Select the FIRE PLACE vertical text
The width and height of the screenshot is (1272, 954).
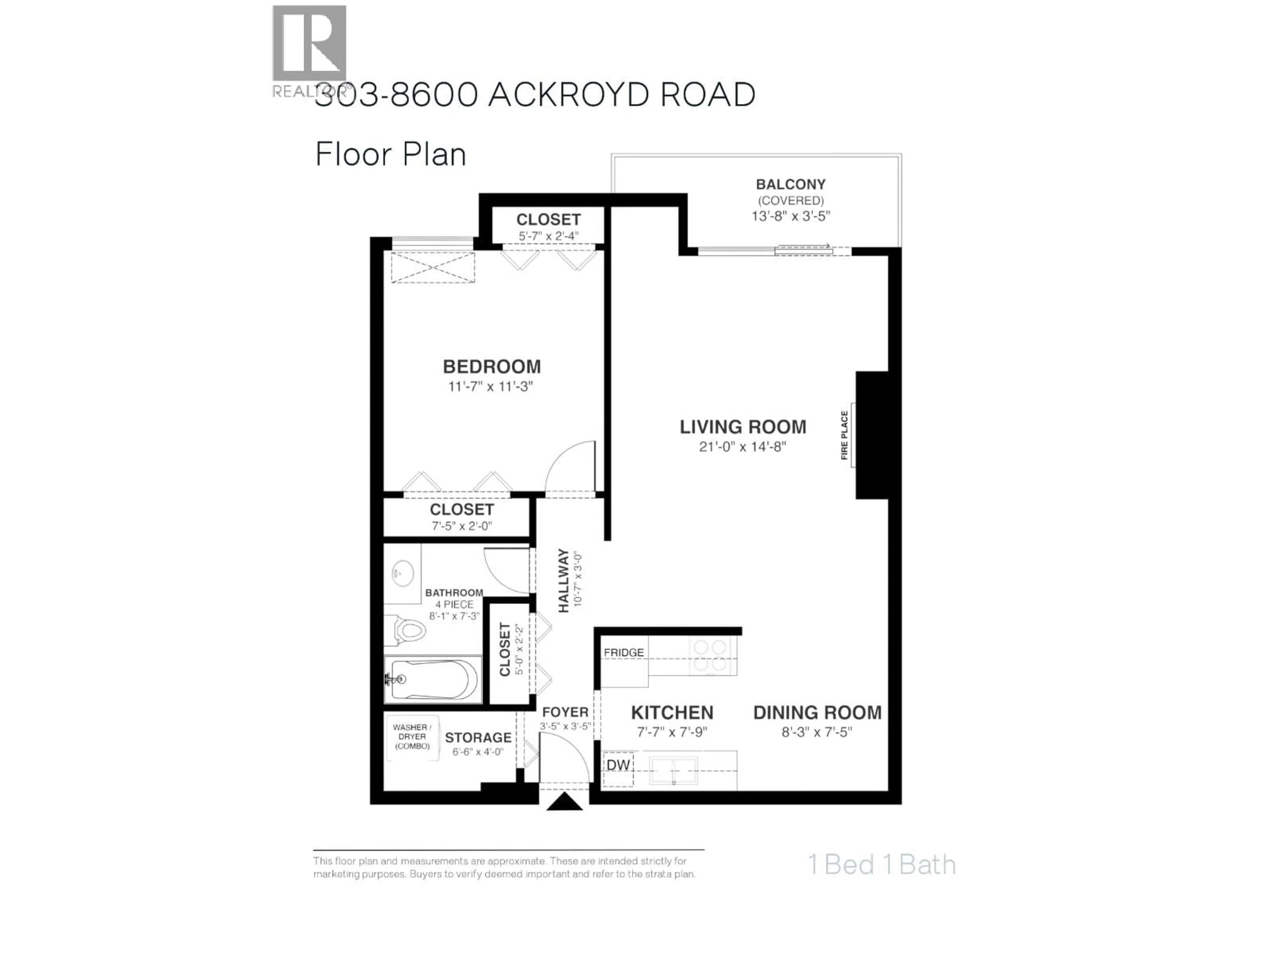(844, 435)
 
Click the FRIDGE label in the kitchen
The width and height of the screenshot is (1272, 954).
(623, 653)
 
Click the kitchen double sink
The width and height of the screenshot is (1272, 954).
(673, 770)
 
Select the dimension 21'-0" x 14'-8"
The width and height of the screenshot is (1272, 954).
(742, 447)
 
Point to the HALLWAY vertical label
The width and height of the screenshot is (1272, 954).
(563, 580)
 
